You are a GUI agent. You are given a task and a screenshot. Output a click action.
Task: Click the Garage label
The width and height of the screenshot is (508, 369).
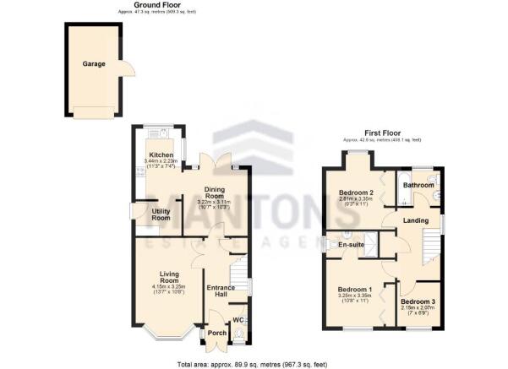coord(93,63)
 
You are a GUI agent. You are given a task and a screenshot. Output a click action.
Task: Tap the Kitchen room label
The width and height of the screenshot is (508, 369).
coord(161,155)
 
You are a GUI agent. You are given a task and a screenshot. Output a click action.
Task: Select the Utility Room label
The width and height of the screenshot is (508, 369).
coord(161,214)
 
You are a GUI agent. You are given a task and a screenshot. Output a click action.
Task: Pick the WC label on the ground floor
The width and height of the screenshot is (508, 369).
coord(238,320)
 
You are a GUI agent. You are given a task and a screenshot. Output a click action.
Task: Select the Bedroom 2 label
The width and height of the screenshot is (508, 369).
coord(356,193)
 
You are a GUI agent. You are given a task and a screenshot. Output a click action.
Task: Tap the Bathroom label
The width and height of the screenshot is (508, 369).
coord(418,185)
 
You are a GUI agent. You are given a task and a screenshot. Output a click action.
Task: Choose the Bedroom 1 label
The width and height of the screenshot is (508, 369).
coord(355,289)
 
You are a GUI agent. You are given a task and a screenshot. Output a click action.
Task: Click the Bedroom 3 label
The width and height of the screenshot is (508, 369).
coord(418,301)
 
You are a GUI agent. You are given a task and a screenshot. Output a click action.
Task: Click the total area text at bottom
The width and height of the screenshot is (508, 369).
coord(253,363)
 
